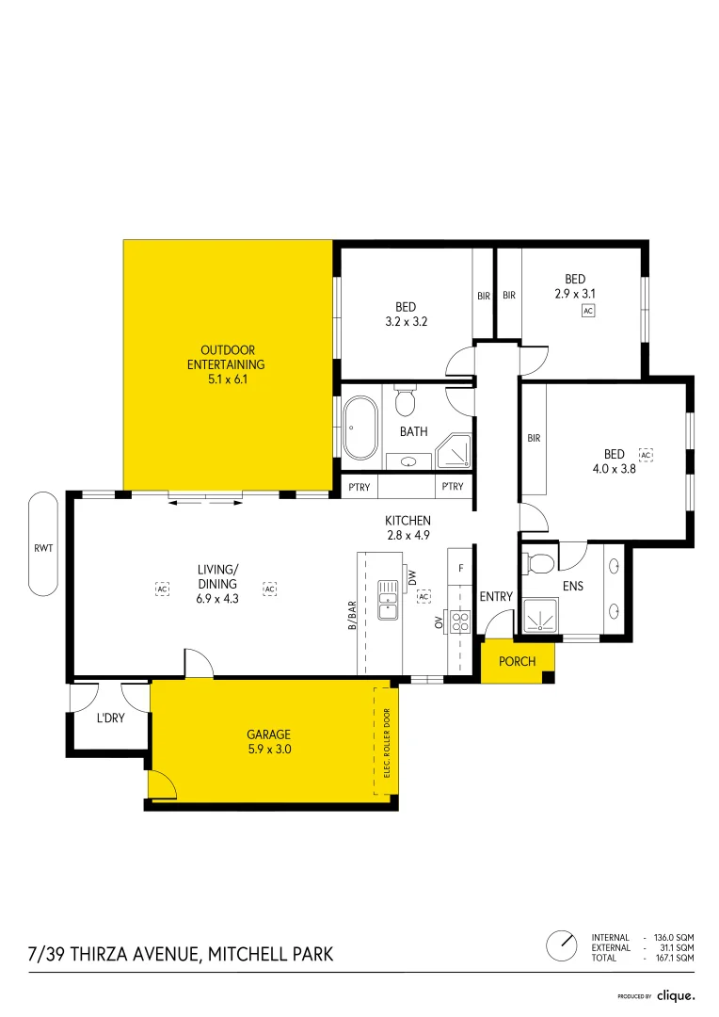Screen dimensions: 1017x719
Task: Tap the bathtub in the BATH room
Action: pyautogui.click(x=360, y=429)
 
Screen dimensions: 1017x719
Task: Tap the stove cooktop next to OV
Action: pyautogui.click(x=461, y=621)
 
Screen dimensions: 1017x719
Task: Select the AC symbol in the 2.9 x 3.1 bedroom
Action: pyautogui.click(x=588, y=311)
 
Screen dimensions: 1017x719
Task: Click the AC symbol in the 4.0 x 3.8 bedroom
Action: pyautogui.click(x=646, y=455)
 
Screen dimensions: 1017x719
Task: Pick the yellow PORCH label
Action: pyautogui.click(x=517, y=661)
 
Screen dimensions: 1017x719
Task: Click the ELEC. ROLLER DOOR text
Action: pyautogui.click(x=387, y=742)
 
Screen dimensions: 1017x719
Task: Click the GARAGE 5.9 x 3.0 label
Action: pyautogui.click(x=268, y=742)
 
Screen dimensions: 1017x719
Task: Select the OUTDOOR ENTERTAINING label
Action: pyautogui.click(x=226, y=364)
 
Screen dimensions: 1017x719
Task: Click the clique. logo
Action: pyautogui.click(x=675, y=995)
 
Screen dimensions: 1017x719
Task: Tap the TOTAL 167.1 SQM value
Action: pyautogui.click(x=676, y=958)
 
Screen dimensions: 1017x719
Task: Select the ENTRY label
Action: pyautogui.click(x=496, y=597)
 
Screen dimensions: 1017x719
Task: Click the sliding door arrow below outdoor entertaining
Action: pyautogui.click(x=205, y=503)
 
